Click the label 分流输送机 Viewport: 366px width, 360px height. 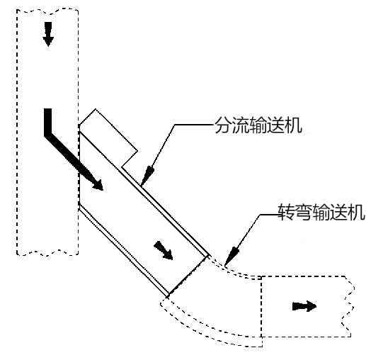[x=258, y=125]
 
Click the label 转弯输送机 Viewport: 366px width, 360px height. [x=321, y=212]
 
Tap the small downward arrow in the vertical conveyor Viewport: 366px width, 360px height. [x=48, y=34]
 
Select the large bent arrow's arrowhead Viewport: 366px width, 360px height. [x=96, y=184]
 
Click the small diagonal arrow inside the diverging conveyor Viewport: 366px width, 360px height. [x=164, y=250]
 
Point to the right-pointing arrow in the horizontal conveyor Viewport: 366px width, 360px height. [x=304, y=306]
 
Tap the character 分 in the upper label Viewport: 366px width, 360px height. [x=222, y=125]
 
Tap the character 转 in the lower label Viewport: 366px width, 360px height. [x=286, y=212]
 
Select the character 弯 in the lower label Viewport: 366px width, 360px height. [x=303, y=212]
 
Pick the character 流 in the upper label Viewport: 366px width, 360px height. [x=241, y=125]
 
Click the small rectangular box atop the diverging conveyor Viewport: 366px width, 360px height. [x=109, y=140]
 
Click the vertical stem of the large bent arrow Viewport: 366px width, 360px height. [x=47, y=122]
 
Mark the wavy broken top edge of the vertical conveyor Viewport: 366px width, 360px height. [x=47, y=10]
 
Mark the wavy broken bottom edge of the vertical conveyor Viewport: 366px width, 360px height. [x=47, y=253]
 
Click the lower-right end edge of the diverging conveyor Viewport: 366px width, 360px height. [x=188, y=276]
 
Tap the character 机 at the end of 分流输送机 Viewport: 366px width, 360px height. [x=294, y=125]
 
